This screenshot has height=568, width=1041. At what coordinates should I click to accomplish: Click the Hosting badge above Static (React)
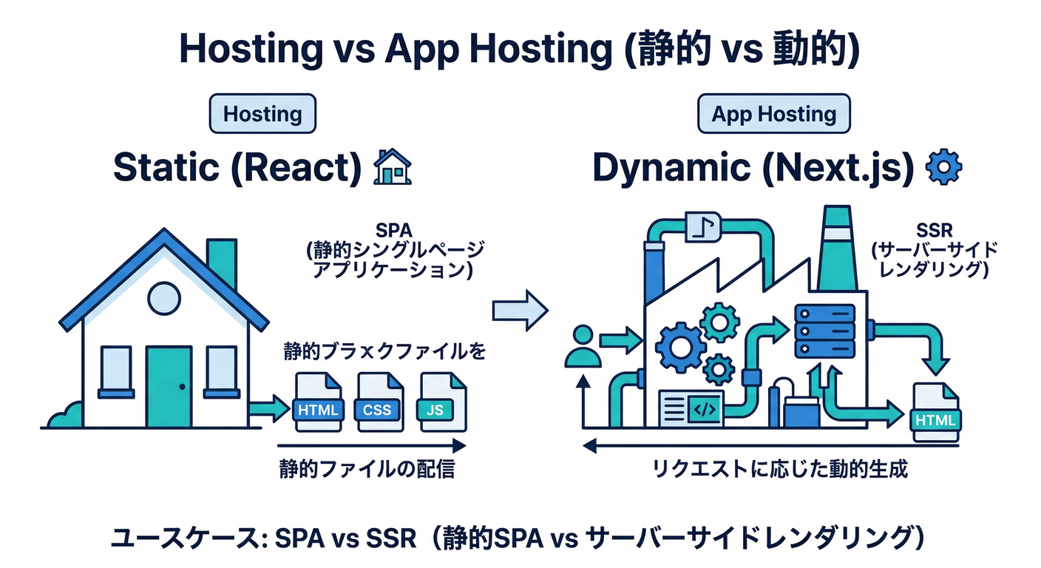[262, 115]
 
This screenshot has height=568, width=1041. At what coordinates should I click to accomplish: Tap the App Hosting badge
[773, 115]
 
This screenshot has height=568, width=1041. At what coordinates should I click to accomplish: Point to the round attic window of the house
[164, 297]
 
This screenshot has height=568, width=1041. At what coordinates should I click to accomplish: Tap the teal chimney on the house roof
[222, 263]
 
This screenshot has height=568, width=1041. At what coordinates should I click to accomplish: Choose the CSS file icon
[378, 402]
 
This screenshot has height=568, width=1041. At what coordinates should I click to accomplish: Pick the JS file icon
[443, 402]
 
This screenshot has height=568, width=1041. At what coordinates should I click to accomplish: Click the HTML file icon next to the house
[318, 402]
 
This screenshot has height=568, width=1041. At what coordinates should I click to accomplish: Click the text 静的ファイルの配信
[366, 469]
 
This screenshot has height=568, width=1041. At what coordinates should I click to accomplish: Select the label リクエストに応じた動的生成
[778, 469]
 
